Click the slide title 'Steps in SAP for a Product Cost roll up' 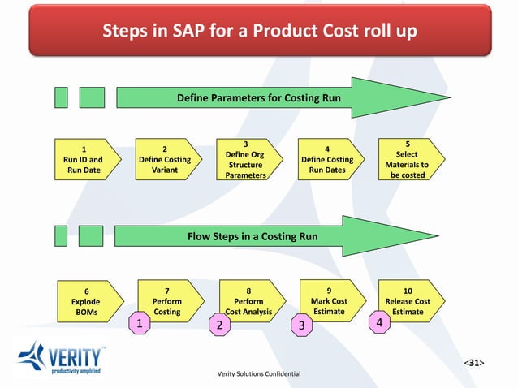click(x=258, y=32)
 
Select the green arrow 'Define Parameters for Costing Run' click(x=258, y=99)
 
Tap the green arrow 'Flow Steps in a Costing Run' click(x=253, y=237)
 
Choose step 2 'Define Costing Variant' click(x=165, y=160)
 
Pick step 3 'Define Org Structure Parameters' click(x=245, y=159)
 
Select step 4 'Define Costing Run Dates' click(x=327, y=160)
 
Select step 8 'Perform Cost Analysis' click(x=248, y=299)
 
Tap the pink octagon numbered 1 click(x=140, y=323)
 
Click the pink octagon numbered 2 click(x=219, y=325)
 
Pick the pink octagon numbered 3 click(x=301, y=325)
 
